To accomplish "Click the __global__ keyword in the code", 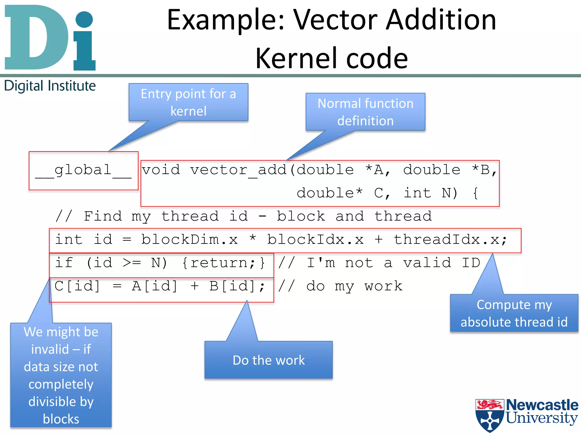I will [x=83, y=171].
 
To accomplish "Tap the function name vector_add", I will [x=238, y=171].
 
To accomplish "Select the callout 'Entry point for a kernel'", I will [x=188, y=102].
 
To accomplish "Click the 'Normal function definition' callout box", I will [x=365, y=112].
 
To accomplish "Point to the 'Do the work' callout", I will [x=268, y=360].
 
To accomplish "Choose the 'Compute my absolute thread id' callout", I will [x=514, y=313].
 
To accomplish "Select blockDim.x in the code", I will [x=190, y=240].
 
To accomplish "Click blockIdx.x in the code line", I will [x=315, y=240].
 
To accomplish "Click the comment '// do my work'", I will [x=340, y=286].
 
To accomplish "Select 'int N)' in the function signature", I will [x=430, y=194].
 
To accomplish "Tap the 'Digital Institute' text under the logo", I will [x=50, y=86].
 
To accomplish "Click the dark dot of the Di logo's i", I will [x=84, y=19].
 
